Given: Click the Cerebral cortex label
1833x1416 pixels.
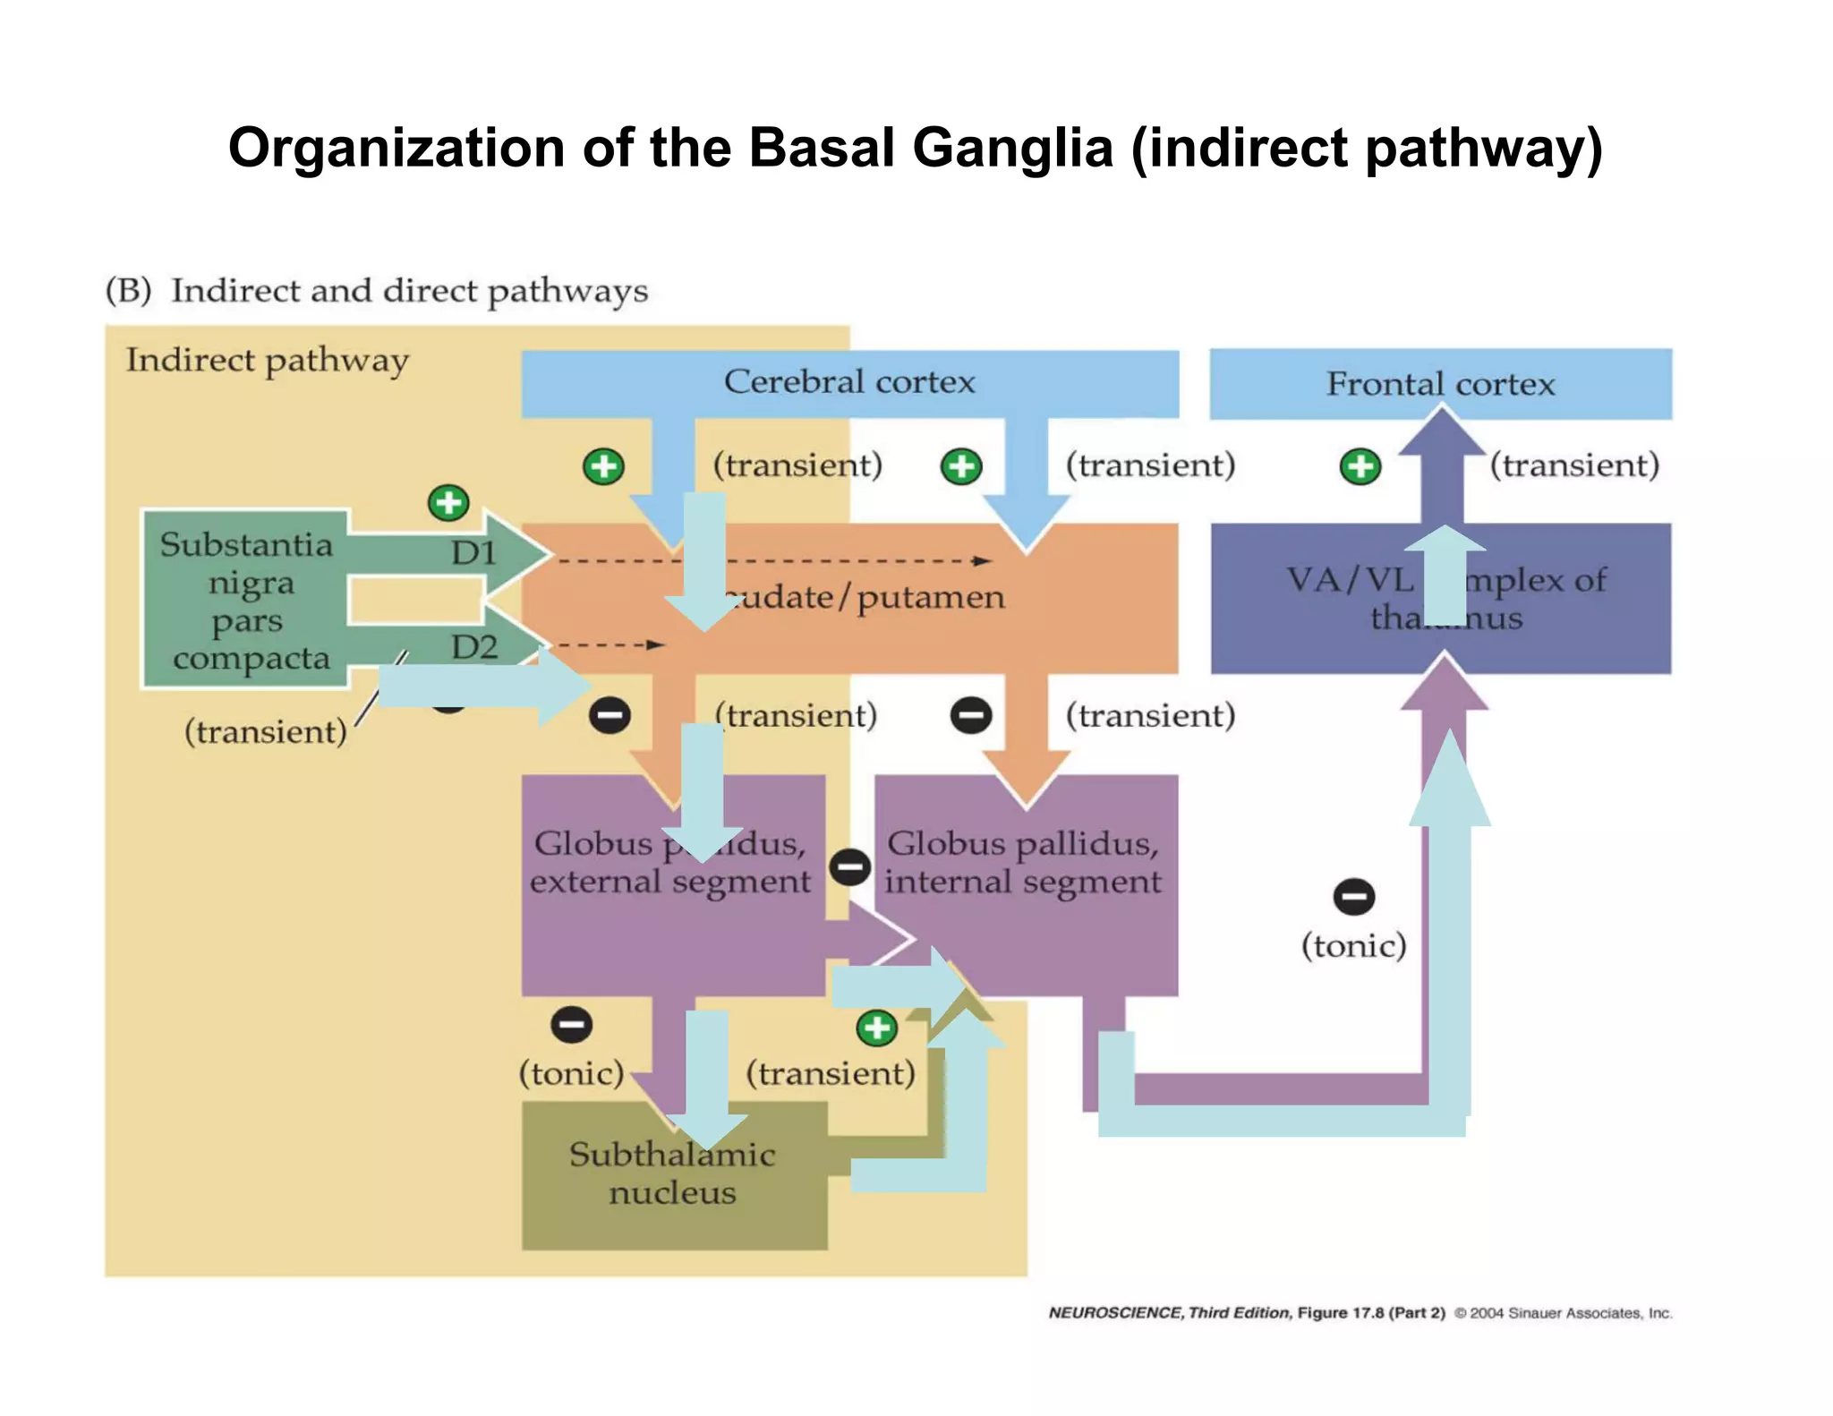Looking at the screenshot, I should [x=848, y=382].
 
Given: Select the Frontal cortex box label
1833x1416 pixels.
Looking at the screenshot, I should [x=1440, y=384].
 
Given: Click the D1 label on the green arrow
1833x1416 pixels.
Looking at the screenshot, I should [x=473, y=553].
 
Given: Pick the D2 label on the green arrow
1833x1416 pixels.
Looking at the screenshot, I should [x=473, y=646].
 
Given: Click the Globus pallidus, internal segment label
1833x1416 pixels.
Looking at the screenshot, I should [x=1023, y=862].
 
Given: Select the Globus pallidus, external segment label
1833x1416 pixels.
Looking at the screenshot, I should [x=669, y=862].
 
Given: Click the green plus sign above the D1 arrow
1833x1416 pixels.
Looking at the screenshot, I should [x=448, y=502].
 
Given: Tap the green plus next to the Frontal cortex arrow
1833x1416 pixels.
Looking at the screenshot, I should [x=1360, y=466].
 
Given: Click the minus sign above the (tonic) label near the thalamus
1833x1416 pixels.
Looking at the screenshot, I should [x=1353, y=897].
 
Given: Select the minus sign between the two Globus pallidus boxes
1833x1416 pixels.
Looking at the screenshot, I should [x=849, y=866].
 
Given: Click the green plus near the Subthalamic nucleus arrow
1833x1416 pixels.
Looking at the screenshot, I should [x=876, y=1028].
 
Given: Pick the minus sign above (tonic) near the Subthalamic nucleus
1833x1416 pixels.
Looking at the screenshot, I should [x=572, y=1024].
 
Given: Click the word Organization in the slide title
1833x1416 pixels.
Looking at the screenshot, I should [x=396, y=148].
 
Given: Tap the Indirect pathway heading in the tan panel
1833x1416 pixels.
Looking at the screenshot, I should [x=267, y=361].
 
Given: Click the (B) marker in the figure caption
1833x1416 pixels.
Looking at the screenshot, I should [x=128, y=291].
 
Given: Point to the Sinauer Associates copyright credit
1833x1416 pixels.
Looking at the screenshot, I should [x=1563, y=1313].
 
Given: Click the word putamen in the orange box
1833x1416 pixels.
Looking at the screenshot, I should [x=931, y=598].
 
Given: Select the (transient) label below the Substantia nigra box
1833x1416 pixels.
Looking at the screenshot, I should [x=265, y=732].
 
